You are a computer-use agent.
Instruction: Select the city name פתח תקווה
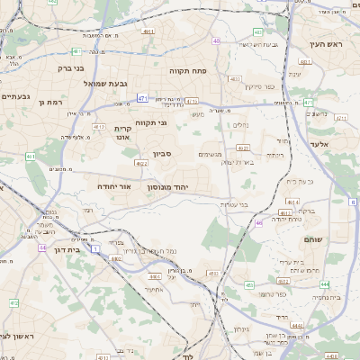tap(188, 68)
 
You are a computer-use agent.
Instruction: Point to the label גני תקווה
tap(152, 121)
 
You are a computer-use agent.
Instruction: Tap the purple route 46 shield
tap(258, 222)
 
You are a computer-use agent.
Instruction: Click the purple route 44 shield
tap(42, 246)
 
